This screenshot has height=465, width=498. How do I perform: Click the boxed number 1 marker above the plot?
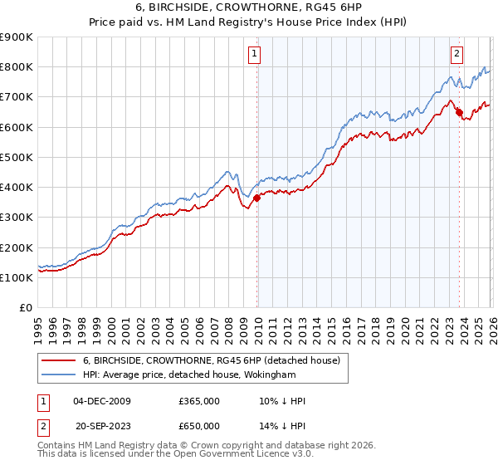pyautogui.click(x=254, y=56)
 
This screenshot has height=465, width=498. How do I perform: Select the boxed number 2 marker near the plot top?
pyautogui.click(x=456, y=56)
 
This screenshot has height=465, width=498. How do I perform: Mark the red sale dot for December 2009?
pyautogui.click(x=256, y=198)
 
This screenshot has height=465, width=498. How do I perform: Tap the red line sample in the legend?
pyautogui.click(x=59, y=360)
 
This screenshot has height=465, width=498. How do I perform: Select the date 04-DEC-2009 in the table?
pyautogui.click(x=101, y=401)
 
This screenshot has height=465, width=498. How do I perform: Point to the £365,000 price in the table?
pyautogui.click(x=199, y=401)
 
